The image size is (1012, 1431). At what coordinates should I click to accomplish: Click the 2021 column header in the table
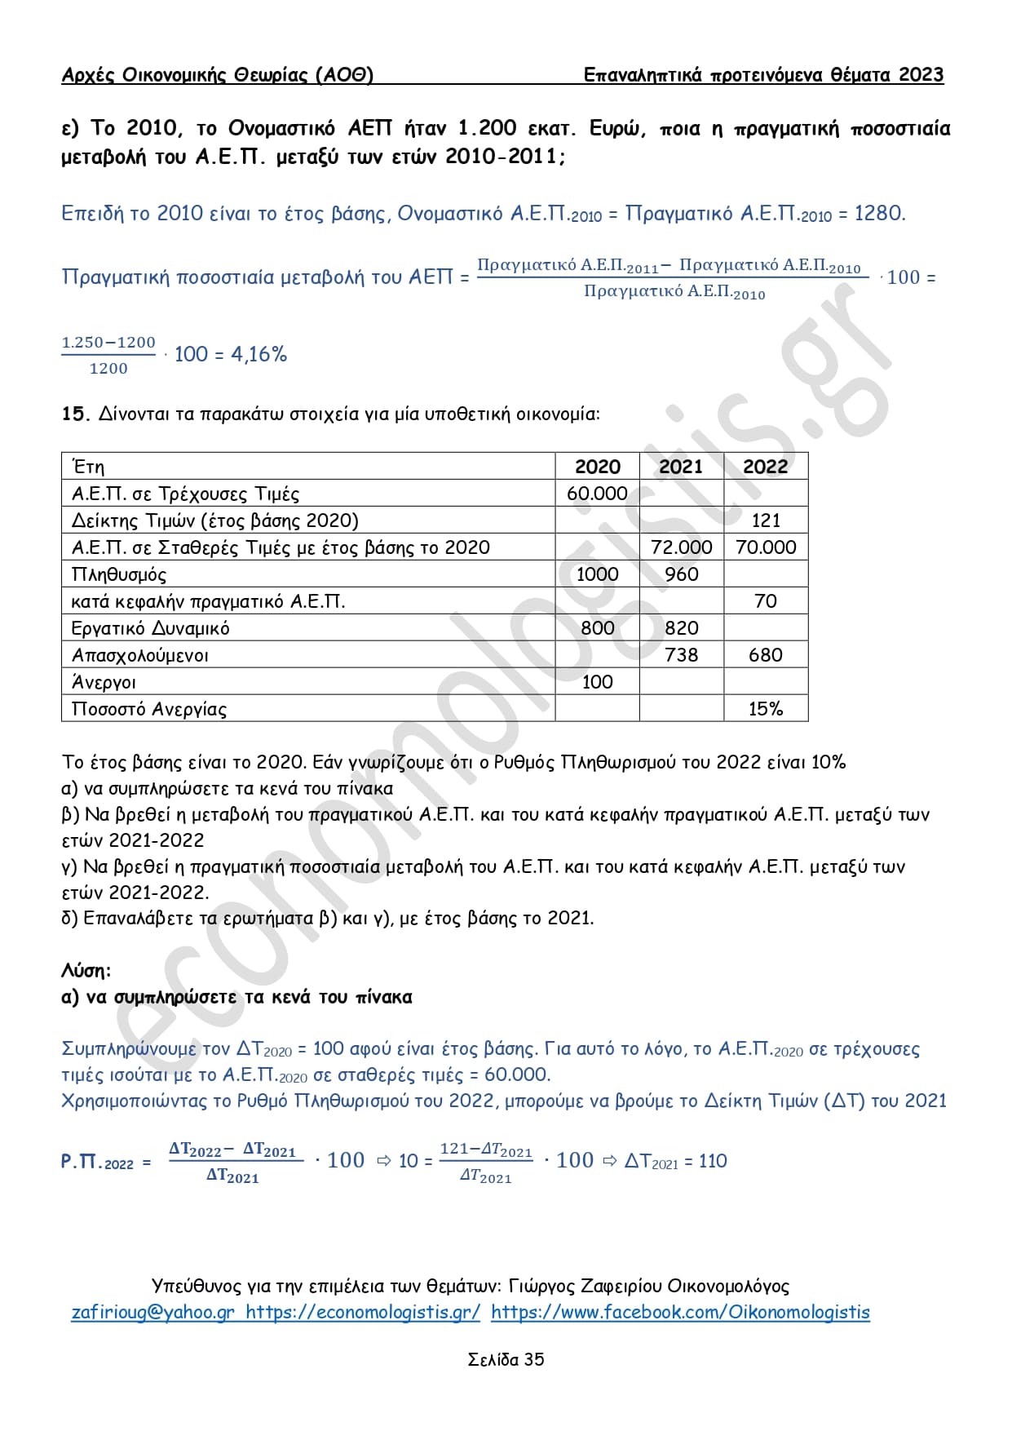click(680, 467)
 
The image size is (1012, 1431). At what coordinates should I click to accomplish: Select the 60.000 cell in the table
click(597, 494)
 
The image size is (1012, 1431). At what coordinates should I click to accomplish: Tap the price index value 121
click(766, 521)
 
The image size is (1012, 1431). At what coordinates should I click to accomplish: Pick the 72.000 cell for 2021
click(681, 547)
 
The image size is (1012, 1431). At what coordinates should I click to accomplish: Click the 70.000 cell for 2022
click(766, 547)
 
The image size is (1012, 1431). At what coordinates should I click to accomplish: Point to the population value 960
click(681, 574)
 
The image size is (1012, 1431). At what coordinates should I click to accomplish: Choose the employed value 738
click(681, 655)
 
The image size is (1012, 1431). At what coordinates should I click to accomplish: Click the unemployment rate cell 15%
click(766, 709)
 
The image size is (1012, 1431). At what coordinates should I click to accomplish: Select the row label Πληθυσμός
click(119, 574)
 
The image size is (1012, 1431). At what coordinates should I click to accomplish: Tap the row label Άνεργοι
click(104, 682)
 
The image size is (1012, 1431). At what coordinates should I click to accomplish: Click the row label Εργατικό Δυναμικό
click(151, 628)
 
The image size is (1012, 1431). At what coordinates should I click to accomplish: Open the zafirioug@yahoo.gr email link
click(152, 1312)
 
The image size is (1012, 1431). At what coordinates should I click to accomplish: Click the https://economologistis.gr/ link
click(363, 1312)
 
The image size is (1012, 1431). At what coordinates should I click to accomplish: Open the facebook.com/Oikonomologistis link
click(680, 1312)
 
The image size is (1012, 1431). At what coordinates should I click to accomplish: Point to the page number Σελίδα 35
click(506, 1359)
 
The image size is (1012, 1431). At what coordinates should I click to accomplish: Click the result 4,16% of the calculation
click(259, 354)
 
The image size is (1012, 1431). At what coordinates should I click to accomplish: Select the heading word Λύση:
click(86, 971)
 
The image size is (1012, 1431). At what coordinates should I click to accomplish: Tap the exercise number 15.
click(74, 414)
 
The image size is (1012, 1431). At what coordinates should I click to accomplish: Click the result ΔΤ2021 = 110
click(675, 1161)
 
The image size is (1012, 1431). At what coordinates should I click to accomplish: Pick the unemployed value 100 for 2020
click(597, 682)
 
